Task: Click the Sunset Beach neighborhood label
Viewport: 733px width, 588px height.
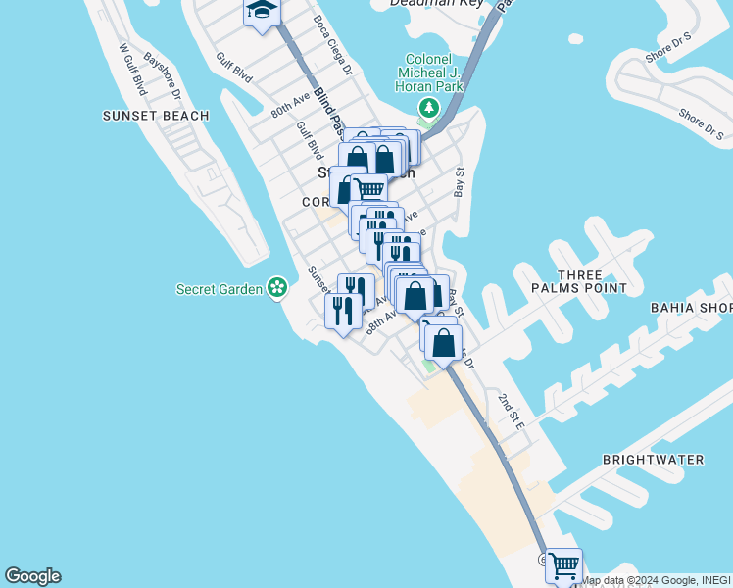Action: pyautogui.click(x=156, y=116)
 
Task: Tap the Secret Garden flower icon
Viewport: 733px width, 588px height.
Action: pyautogui.click(x=278, y=288)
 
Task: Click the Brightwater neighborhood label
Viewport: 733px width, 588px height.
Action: pyautogui.click(x=666, y=459)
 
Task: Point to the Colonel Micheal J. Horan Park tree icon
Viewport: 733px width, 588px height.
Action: pyautogui.click(x=427, y=107)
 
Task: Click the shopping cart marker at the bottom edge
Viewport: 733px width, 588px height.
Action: pyautogui.click(x=563, y=565)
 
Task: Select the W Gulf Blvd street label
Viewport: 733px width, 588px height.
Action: pyautogui.click(x=132, y=69)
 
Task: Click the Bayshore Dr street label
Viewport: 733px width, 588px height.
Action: pyautogui.click(x=163, y=75)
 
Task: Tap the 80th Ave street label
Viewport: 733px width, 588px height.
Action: pyautogui.click(x=291, y=104)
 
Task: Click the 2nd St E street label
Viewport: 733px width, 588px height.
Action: pyautogui.click(x=512, y=411)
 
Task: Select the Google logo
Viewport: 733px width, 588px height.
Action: pyautogui.click(x=32, y=576)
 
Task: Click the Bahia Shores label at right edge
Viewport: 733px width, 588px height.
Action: pyautogui.click(x=692, y=308)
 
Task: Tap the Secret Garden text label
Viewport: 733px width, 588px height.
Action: pyautogui.click(x=220, y=289)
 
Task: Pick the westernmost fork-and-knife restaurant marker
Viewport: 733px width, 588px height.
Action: pyautogui.click(x=341, y=311)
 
